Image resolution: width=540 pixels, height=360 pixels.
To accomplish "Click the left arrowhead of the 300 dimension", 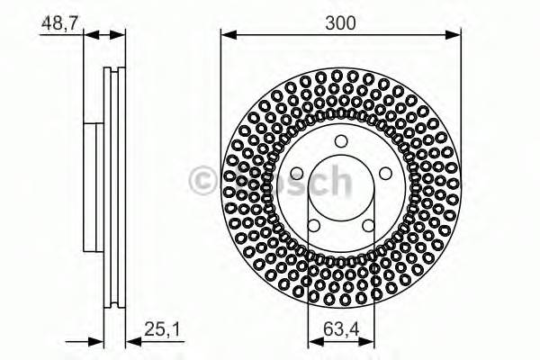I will (x=227, y=35).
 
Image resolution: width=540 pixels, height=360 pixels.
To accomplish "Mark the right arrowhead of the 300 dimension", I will (x=456, y=35).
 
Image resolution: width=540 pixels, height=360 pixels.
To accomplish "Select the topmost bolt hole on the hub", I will (x=340, y=140).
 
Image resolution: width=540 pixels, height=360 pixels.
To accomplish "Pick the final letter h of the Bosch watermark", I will (x=337, y=181).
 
